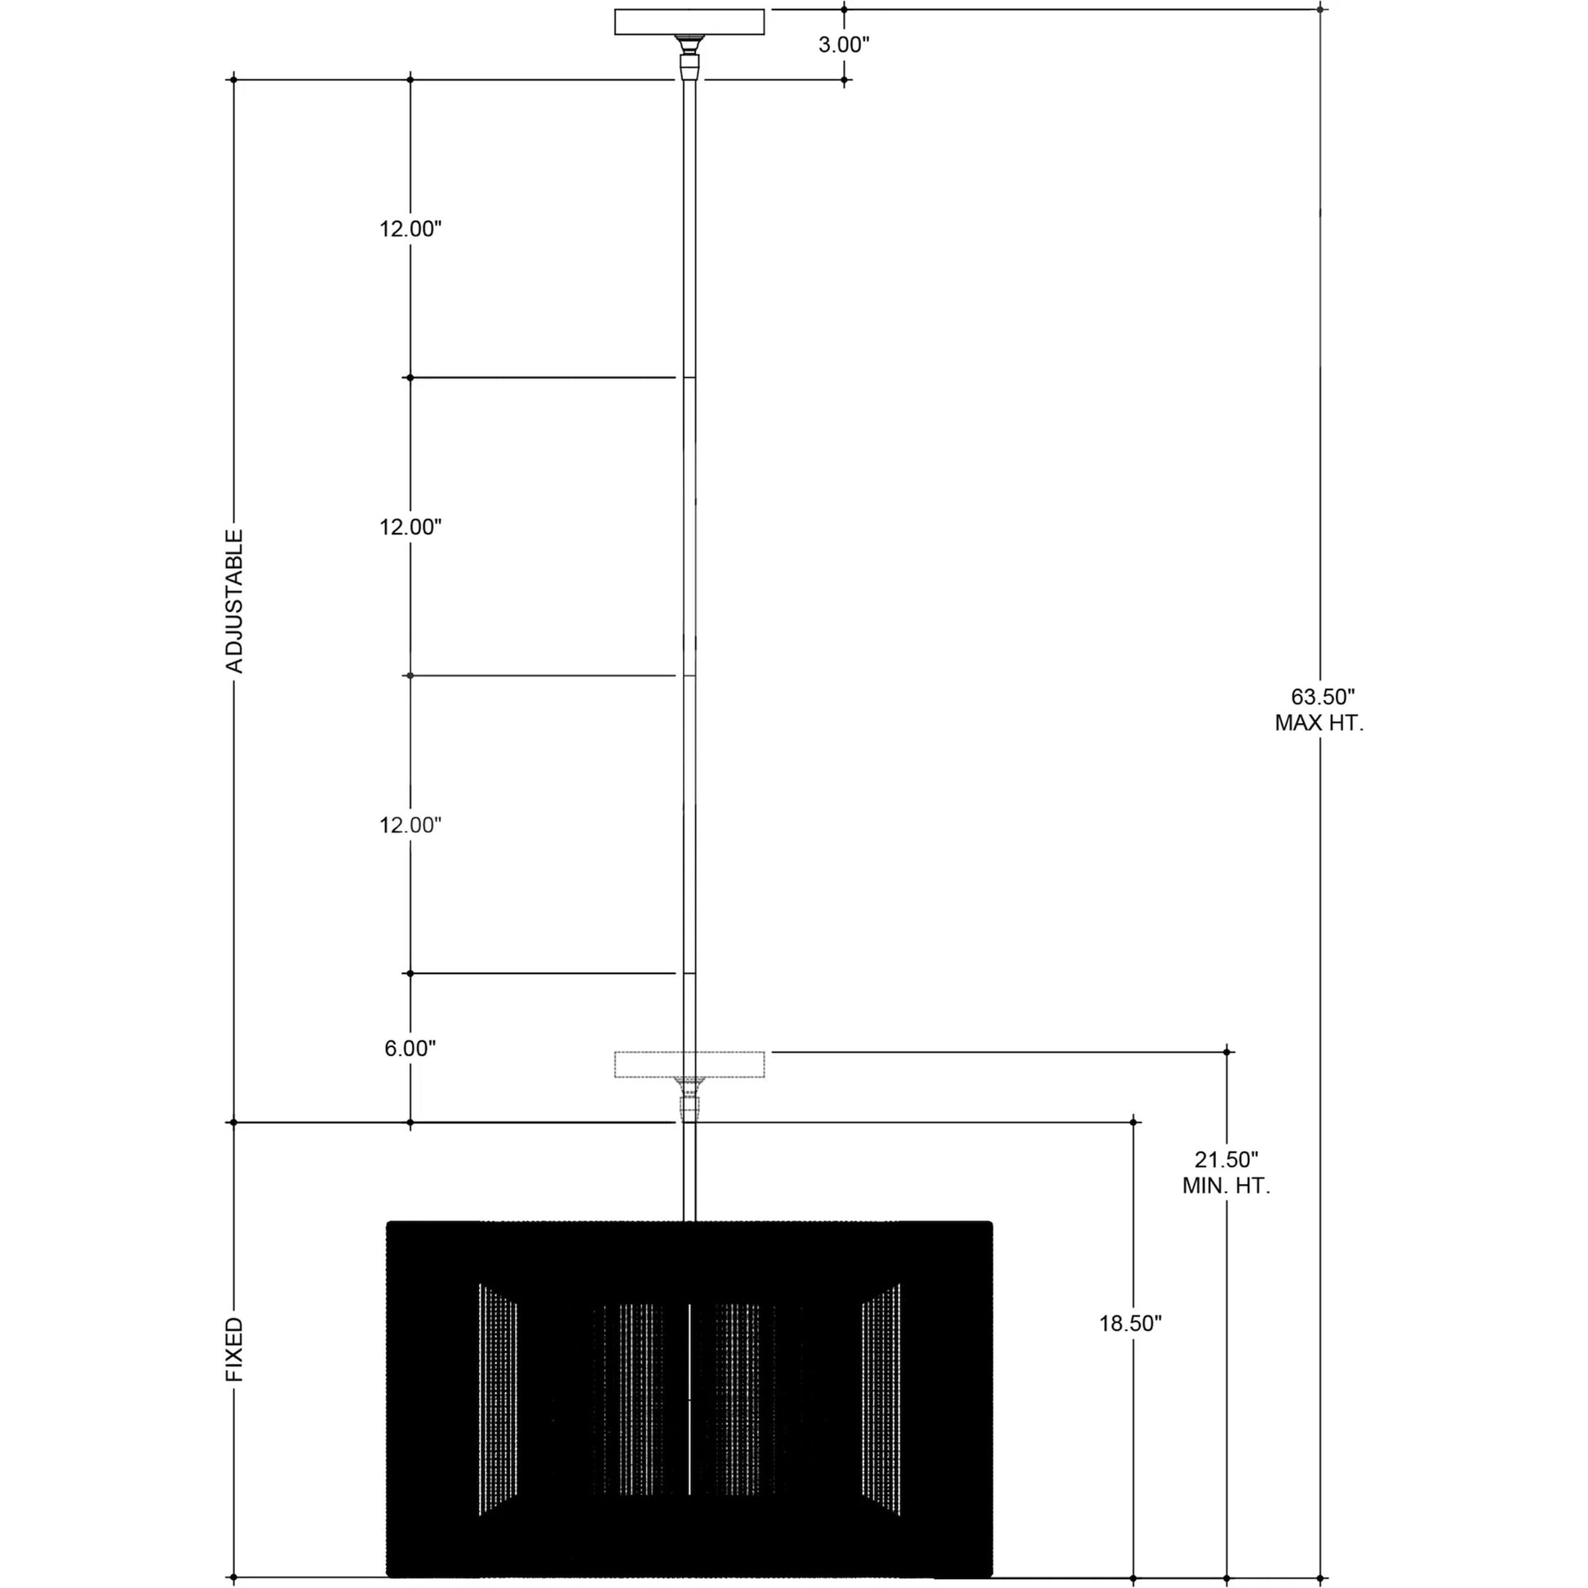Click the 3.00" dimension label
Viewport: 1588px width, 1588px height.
coord(843,45)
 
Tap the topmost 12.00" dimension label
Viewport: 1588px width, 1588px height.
coord(410,229)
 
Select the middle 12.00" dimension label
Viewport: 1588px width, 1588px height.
coord(410,527)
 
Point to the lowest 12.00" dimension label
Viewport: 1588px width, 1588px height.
coord(410,825)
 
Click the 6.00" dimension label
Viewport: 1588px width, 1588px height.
coord(410,1048)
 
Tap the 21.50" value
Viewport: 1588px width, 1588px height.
coord(1226,1160)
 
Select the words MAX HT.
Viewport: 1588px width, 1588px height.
coord(1320,723)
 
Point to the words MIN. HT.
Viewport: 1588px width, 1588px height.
coord(1226,1186)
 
